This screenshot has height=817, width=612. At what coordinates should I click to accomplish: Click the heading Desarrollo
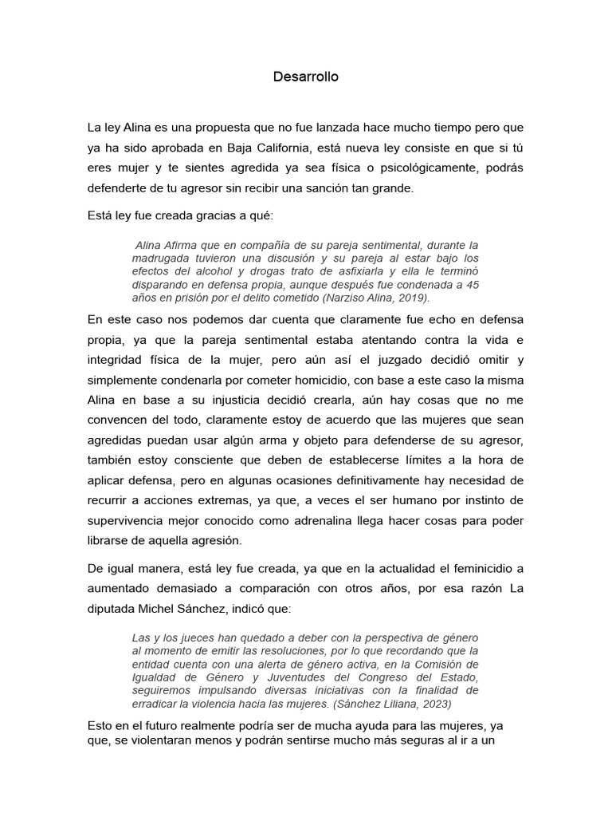[x=306, y=77]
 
